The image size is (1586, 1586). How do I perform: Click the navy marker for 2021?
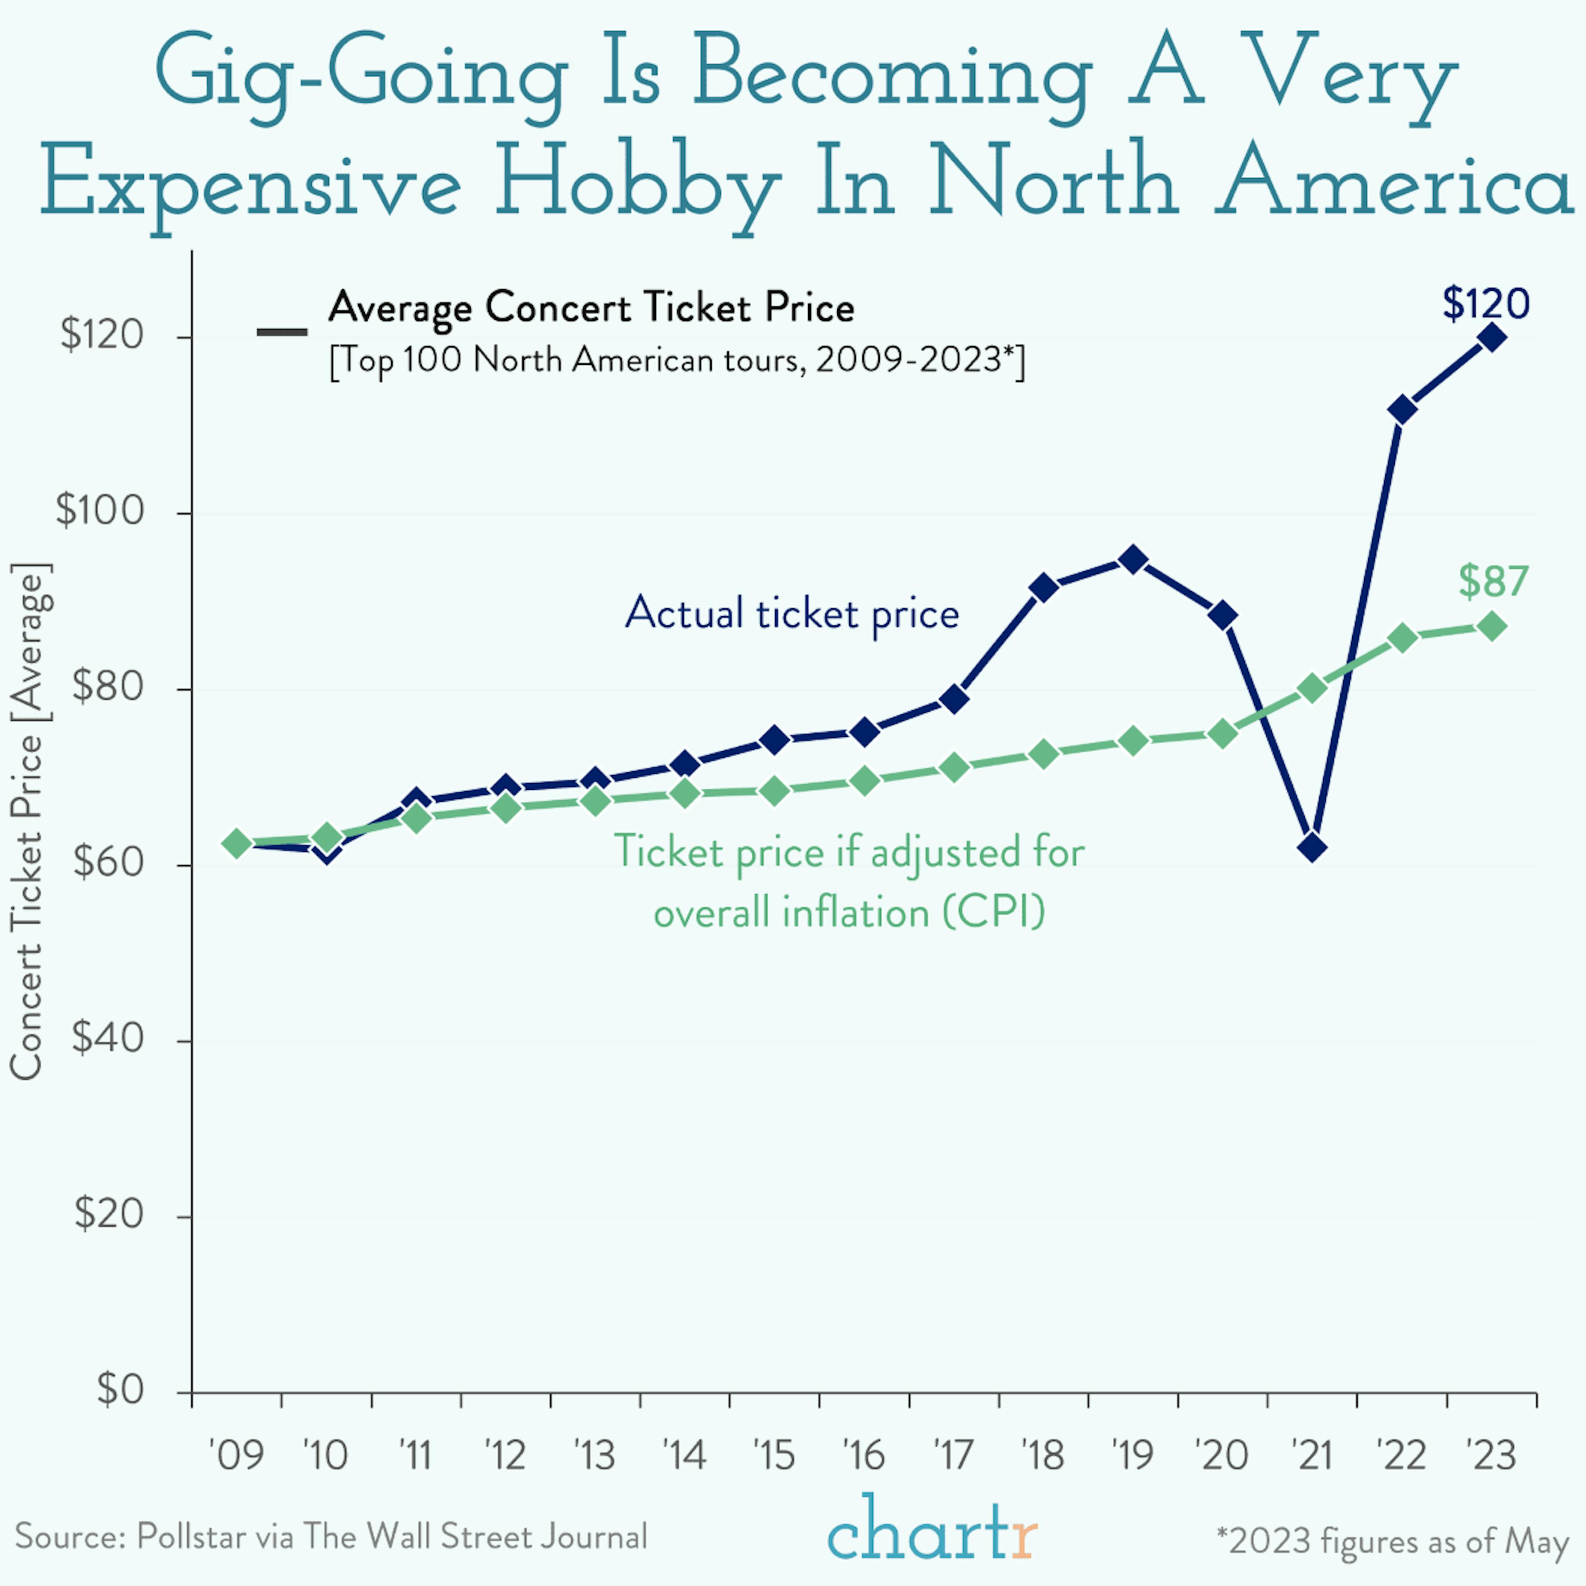point(1312,847)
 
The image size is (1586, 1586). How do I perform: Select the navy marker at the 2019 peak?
point(1133,561)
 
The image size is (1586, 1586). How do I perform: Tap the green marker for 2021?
point(1312,688)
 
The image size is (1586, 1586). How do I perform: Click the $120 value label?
point(1486,304)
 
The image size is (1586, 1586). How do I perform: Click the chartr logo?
point(932,1529)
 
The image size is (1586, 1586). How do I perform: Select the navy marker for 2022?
point(1402,409)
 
